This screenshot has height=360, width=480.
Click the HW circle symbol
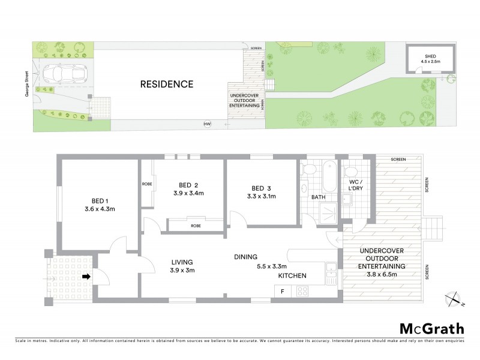tap(208, 124)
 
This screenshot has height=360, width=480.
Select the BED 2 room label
tap(187, 185)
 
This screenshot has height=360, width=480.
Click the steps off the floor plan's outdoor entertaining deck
tap(436, 229)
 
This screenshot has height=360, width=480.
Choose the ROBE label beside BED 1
tap(146, 184)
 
